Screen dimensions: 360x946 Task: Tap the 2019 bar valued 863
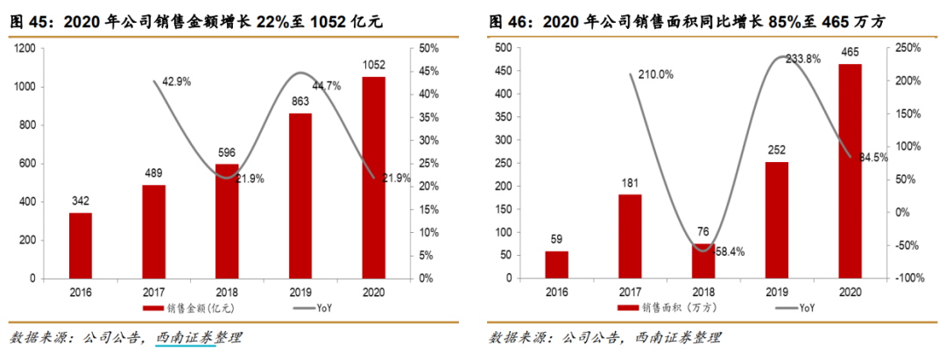tap(300, 196)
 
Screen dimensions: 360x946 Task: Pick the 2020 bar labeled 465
tap(850, 172)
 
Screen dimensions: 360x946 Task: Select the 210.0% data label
tap(655, 74)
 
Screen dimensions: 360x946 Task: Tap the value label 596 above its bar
tap(227, 152)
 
